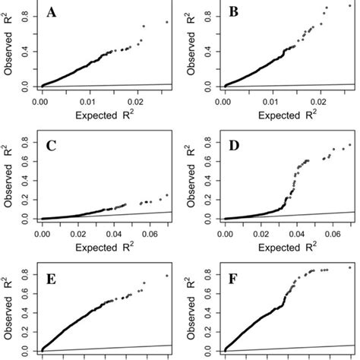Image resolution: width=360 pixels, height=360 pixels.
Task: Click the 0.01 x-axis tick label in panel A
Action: coord(90,99)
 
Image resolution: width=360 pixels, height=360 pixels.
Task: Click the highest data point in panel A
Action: coord(166,22)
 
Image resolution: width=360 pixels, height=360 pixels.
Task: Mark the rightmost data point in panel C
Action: coord(166,194)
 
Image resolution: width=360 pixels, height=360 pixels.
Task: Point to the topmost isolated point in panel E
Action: coord(166,275)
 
